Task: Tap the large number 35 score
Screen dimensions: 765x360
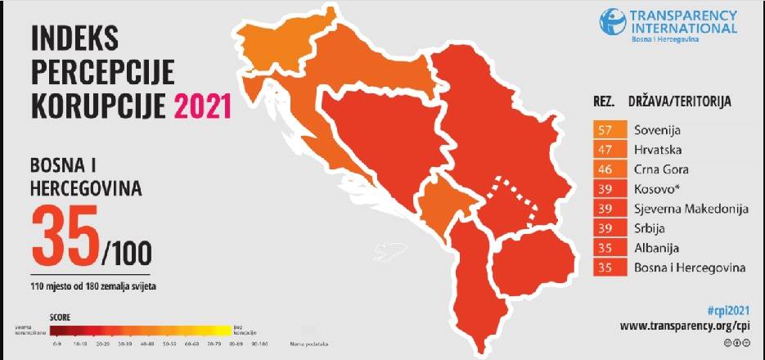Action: [65, 232]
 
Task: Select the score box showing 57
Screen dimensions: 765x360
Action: [606, 130]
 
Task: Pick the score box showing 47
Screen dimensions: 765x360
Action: [606, 150]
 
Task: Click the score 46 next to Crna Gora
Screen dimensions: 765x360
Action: [606, 169]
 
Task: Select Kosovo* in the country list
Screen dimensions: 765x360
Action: [656, 189]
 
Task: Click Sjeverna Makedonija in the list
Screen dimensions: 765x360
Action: [691, 209]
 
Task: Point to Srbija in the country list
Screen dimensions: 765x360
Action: [651, 228]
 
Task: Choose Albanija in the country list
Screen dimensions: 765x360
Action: [657, 248]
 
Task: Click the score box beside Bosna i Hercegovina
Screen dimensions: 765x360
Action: [606, 268]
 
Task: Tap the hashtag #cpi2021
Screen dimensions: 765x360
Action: [727, 310]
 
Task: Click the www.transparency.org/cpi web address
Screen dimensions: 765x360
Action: [684, 326]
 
